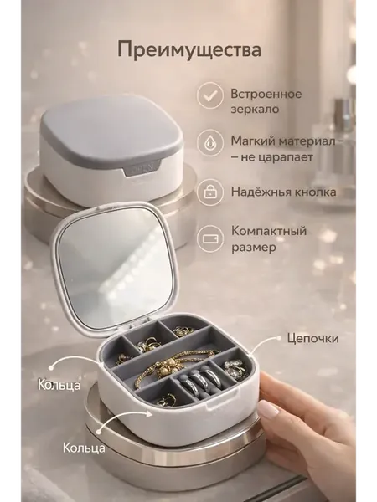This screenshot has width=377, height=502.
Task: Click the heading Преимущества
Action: (x=189, y=50)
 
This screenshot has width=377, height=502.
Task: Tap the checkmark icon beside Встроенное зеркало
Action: (x=210, y=95)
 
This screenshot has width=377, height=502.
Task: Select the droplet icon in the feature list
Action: (x=210, y=143)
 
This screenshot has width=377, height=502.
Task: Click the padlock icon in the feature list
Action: (x=210, y=192)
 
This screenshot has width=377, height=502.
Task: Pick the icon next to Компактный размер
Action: (x=210, y=238)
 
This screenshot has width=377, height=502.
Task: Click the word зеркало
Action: (x=255, y=110)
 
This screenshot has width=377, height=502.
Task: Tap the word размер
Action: (x=254, y=248)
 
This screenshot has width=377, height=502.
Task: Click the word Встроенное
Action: (x=266, y=94)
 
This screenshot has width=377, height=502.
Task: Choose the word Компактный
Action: (x=269, y=231)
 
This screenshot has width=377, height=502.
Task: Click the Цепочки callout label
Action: (x=312, y=339)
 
